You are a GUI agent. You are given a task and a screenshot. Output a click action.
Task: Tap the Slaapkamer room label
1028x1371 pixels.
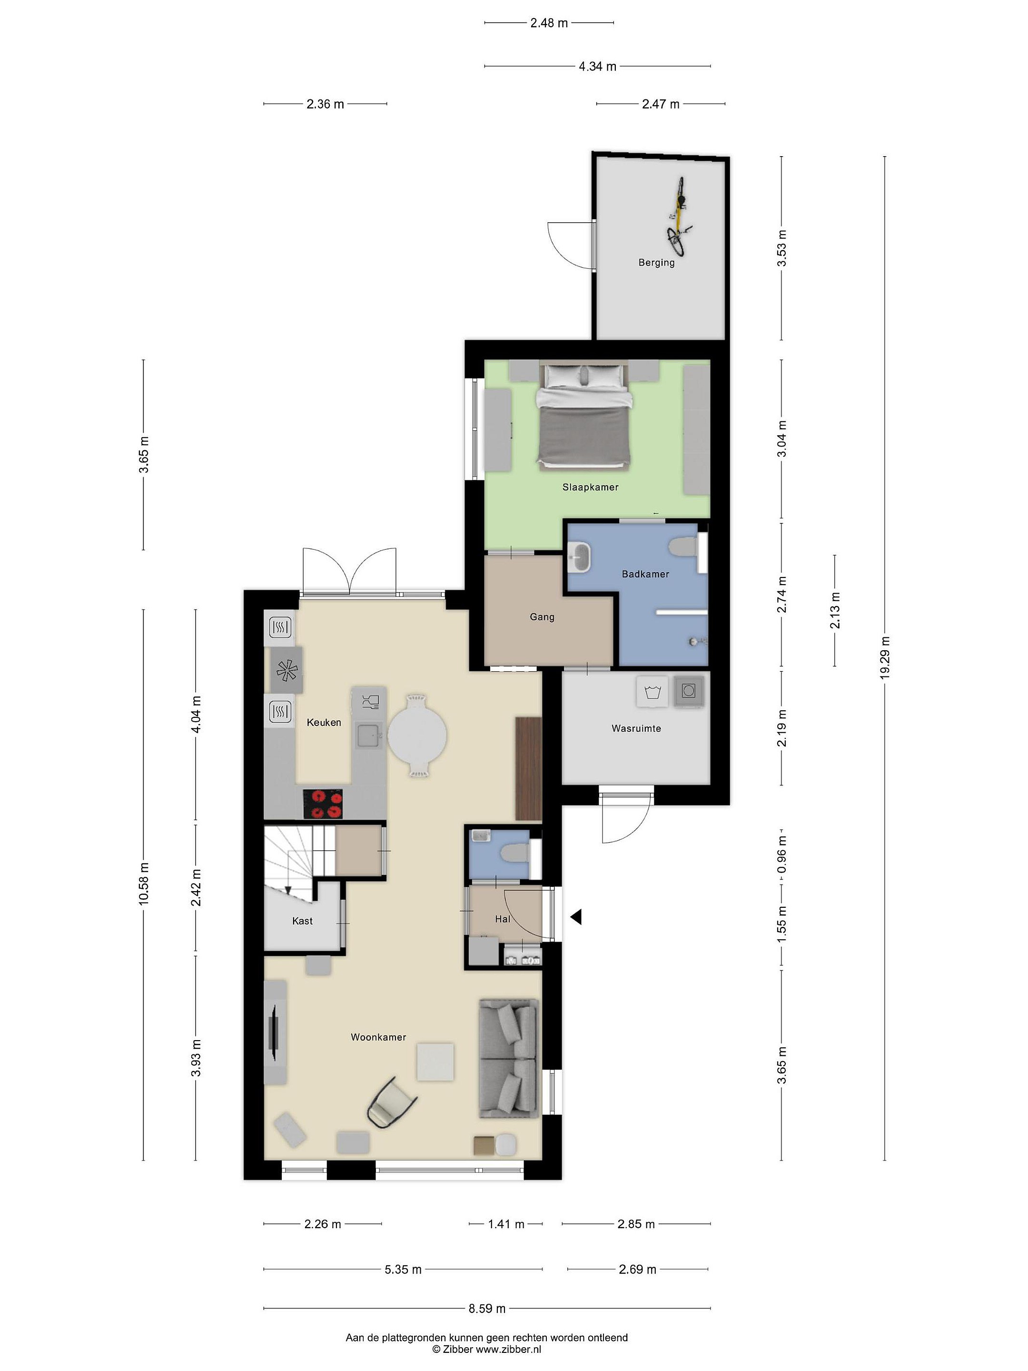pos(590,487)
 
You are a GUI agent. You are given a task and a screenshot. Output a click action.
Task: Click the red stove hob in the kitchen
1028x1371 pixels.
pos(322,804)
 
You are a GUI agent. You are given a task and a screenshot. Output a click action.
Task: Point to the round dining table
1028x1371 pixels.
pos(418,735)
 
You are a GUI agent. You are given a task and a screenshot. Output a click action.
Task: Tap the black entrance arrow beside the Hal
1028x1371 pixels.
pos(576,917)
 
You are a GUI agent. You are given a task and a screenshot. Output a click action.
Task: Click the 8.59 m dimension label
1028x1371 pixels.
pos(487,1308)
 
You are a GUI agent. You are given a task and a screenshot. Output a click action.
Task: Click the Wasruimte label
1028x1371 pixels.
pos(636,728)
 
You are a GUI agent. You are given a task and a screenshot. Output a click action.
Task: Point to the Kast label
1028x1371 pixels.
pos(302,921)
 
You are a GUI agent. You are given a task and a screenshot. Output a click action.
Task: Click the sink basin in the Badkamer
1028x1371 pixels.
pos(579,556)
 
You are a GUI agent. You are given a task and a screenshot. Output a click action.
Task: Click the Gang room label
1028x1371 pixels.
pos(542,616)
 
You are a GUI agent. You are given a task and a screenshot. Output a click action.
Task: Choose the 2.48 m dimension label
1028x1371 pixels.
pos(549,23)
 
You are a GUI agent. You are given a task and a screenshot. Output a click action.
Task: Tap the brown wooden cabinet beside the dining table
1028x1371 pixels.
pos(529,768)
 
